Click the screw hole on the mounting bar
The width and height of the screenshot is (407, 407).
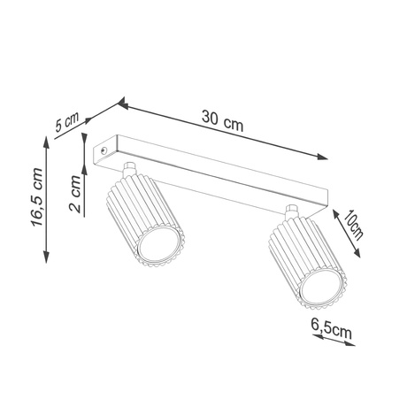click(105, 151)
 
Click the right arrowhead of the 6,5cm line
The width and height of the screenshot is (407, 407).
click(354, 345)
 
